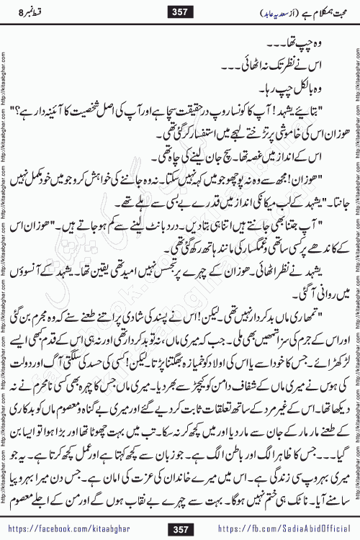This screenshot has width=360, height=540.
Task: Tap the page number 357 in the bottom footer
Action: [x=179, y=530]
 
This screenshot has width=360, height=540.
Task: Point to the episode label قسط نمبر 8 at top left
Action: [x=28, y=12]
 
